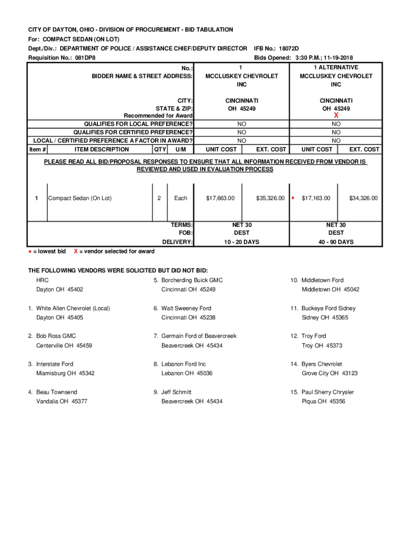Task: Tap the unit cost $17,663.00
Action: coord(220,198)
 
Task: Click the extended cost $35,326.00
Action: coord(270,198)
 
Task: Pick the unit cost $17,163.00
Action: coord(316,198)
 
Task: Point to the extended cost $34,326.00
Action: coord(363,198)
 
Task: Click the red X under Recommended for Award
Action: coord(336,115)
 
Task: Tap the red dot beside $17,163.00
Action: coord(293,198)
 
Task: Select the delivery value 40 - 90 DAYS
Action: coord(336,242)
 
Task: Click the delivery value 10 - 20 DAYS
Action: coord(242,242)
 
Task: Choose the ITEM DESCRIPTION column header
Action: coord(101,150)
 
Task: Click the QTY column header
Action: coord(160,150)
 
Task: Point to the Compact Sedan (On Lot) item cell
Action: coord(80,198)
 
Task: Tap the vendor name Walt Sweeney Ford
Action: coord(186,308)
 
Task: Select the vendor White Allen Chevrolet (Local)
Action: coord(73,308)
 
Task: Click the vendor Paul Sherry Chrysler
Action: coord(327,392)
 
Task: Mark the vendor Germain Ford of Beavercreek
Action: coord(199,336)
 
